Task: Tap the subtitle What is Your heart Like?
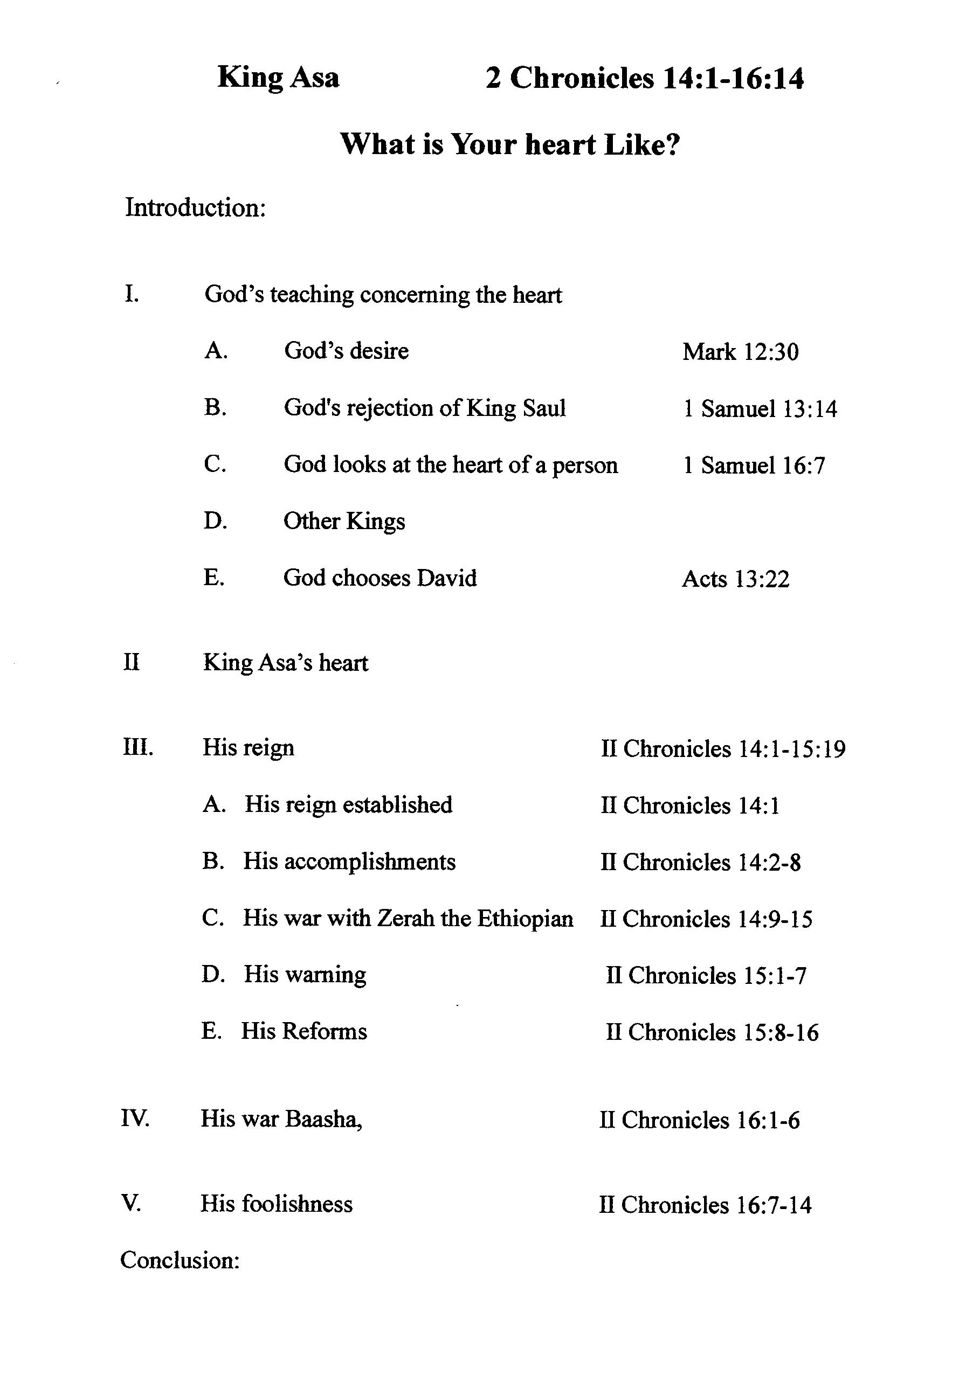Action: [x=510, y=144]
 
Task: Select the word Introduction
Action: [x=195, y=209]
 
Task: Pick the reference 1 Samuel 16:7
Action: [x=754, y=466]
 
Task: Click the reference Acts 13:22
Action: [x=735, y=579]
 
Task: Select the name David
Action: [x=446, y=579]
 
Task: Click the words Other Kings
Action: [x=344, y=522]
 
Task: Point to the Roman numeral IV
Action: [x=135, y=1118]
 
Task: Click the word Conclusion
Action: [x=180, y=1260]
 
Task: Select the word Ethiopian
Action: [x=525, y=918]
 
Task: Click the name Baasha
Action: [x=323, y=1119]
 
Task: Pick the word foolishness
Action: [x=296, y=1204]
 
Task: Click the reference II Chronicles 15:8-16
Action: [x=712, y=1032]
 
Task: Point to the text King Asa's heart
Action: [x=285, y=663]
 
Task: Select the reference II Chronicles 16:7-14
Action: [x=705, y=1205]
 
